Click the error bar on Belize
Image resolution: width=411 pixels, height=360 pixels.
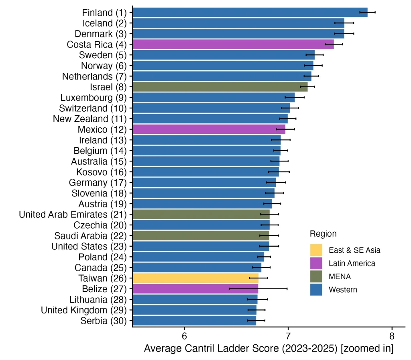point(258,288)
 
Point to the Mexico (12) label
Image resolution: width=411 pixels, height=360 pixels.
point(102,129)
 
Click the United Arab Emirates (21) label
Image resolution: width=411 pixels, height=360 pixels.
point(73,215)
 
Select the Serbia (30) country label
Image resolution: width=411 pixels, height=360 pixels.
point(104,321)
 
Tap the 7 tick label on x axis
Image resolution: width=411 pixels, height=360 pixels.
point(288,336)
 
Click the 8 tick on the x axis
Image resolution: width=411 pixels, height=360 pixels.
point(392,336)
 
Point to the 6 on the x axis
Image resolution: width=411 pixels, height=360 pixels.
point(184,336)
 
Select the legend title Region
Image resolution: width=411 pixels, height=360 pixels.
point(323,233)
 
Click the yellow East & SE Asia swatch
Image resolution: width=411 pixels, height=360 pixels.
point(316,250)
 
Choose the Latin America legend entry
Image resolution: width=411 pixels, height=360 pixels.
point(352,263)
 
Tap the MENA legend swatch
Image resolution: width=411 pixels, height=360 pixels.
point(316,276)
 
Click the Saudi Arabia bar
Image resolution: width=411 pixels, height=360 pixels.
point(201,235)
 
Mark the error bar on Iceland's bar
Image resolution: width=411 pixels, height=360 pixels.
point(344,23)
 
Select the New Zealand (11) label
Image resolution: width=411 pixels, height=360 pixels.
point(90,119)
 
